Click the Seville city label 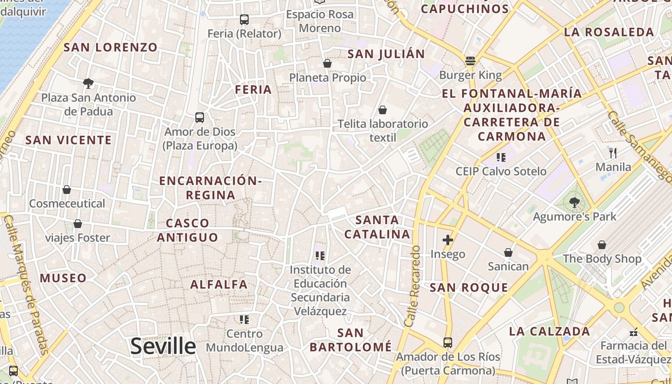click(163, 346)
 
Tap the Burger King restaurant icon click(470, 61)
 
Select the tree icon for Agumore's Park click(574, 203)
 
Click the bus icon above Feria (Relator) click(244, 20)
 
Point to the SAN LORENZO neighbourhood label click(110, 47)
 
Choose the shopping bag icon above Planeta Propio click(327, 63)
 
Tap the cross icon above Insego click(448, 240)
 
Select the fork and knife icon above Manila click(613, 153)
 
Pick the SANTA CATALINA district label click(378, 227)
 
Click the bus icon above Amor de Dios click(200, 117)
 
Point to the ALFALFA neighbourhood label click(219, 284)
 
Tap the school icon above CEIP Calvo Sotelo click(501, 157)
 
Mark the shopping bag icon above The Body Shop click(601, 245)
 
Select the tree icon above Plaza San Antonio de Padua click(88, 84)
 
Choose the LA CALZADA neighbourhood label click(550, 331)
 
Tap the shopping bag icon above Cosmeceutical click(67, 190)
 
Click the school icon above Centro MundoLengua click(244, 319)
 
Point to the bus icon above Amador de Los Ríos click(448, 342)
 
